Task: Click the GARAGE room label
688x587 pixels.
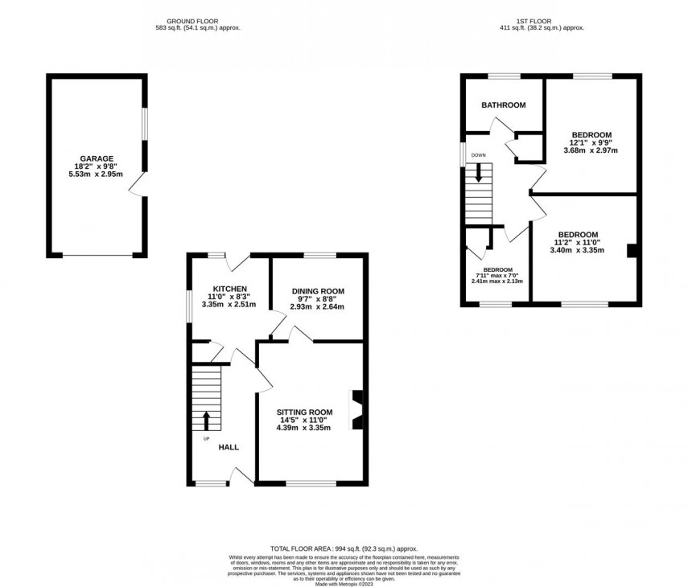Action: pos(96,158)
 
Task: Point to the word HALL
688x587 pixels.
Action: pos(229,447)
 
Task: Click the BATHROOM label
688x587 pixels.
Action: pos(503,105)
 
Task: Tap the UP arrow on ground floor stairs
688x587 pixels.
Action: pos(206,421)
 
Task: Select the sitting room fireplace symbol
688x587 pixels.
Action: pos(356,410)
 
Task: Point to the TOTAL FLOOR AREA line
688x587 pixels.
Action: pos(344,548)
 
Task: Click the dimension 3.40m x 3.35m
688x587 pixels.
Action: pos(577,250)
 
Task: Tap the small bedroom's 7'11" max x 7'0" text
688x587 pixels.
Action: pos(497,276)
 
